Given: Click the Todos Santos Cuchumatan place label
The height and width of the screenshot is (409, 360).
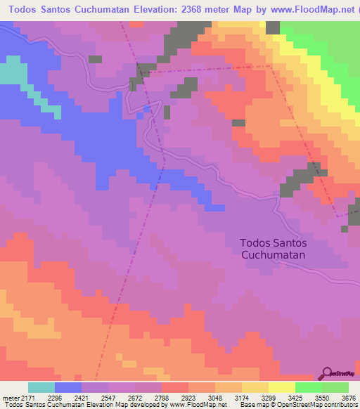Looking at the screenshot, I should pos(274,249).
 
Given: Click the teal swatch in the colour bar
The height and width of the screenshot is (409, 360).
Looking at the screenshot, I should pos(41,387).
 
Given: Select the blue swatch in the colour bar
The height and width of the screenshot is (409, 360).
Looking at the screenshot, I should pos(67,387).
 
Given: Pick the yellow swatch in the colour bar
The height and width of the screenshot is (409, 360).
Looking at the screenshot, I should pos(281,387).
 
